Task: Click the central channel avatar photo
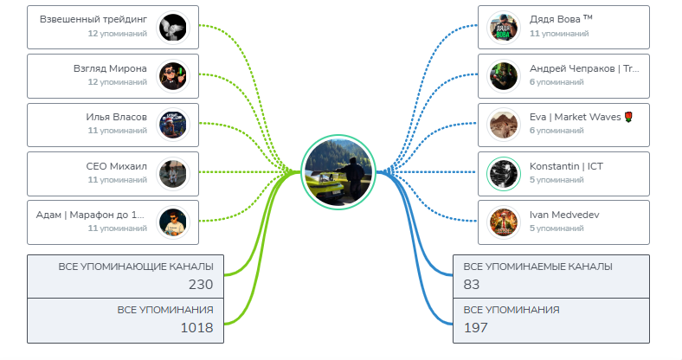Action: pyautogui.click(x=338, y=171)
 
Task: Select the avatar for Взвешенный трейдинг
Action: pyautogui.click(x=173, y=28)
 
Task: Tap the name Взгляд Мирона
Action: pyautogui.click(x=110, y=68)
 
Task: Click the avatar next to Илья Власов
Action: pyautogui.click(x=173, y=125)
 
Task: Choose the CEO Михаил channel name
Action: pyautogui.click(x=117, y=166)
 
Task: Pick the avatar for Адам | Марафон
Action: pyautogui.click(x=173, y=222)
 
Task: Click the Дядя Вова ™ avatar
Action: pyautogui.click(x=502, y=28)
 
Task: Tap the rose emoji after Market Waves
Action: pyautogui.click(x=628, y=117)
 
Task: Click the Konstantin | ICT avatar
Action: pyautogui.click(x=502, y=173)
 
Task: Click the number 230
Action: pyautogui.click(x=201, y=284)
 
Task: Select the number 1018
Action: pyautogui.click(x=196, y=327)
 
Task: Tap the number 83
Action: pyautogui.click(x=473, y=284)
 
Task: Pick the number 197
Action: pyautogui.click(x=475, y=327)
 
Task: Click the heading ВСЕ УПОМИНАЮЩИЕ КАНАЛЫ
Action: pyautogui.click(x=136, y=266)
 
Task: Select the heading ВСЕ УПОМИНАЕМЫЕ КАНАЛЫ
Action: pyautogui.click(x=537, y=266)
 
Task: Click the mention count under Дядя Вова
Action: pyautogui.click(x=558, y=34)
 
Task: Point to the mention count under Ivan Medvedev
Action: pyautogui.click(x=557, y=228)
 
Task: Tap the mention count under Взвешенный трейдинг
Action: pyautogui.click(x=117, y=34)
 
